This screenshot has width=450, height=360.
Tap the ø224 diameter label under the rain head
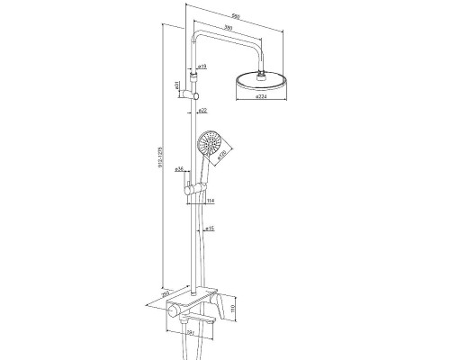263,94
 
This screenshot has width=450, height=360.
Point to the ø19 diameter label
203,67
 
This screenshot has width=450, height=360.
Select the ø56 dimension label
180,168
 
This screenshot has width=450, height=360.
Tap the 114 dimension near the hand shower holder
211,202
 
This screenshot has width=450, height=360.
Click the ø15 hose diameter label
208,229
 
